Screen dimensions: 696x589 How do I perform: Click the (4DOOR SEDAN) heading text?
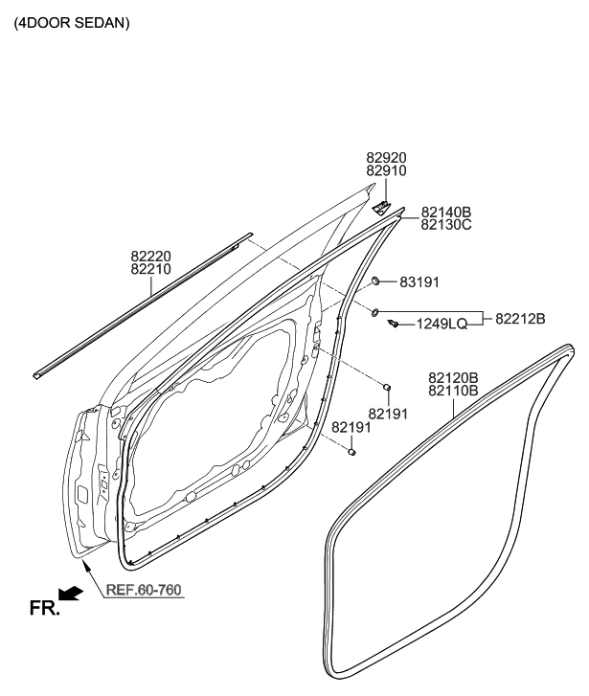coord(71,21)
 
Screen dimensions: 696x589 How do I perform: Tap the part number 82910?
coord(386,171)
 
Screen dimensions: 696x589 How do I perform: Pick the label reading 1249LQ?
coord(442,325)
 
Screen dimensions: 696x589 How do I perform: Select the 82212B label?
coord(520,318)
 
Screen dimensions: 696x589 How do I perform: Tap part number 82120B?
coord(453,378)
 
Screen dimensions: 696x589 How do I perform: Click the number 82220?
coord(151,257)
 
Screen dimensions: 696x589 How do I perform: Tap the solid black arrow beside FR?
coord(71,595)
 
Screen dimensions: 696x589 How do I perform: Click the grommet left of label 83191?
coord(378,281)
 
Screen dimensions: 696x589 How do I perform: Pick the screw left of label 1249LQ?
coord(394,325)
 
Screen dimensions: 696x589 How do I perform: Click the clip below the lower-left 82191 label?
coord(352,451)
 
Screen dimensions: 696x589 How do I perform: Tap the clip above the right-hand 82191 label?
coord(387,387)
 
